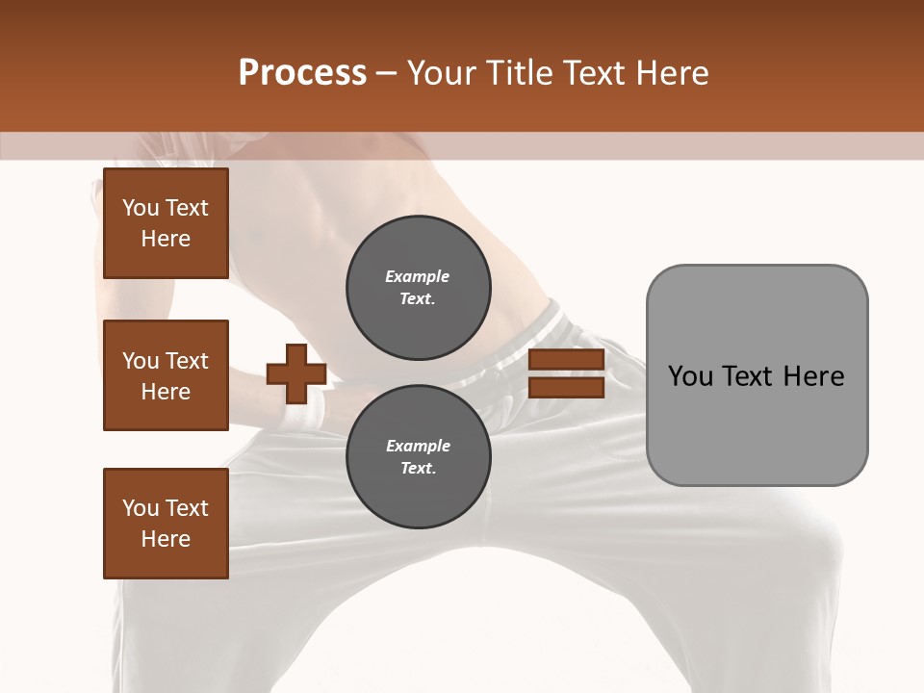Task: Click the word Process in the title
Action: pos(302,73)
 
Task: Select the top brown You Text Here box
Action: pos(166,223)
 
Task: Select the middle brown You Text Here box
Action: pos(166,375)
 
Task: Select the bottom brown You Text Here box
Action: pos(166,524)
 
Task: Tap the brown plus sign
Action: pos(296,373)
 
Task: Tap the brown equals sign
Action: pos(566,373)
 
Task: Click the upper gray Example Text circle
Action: pos(418,288)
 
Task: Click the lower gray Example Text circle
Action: pos(418,457)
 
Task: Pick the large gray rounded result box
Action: pos(757,375)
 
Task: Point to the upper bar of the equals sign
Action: pos(566,360)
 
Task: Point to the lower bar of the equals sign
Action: pos(566,387)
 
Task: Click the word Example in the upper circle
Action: pos(418,276)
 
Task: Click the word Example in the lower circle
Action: pos(418,446)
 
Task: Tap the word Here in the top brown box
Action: pos(166,239)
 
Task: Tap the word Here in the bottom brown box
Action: pos(166,539)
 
